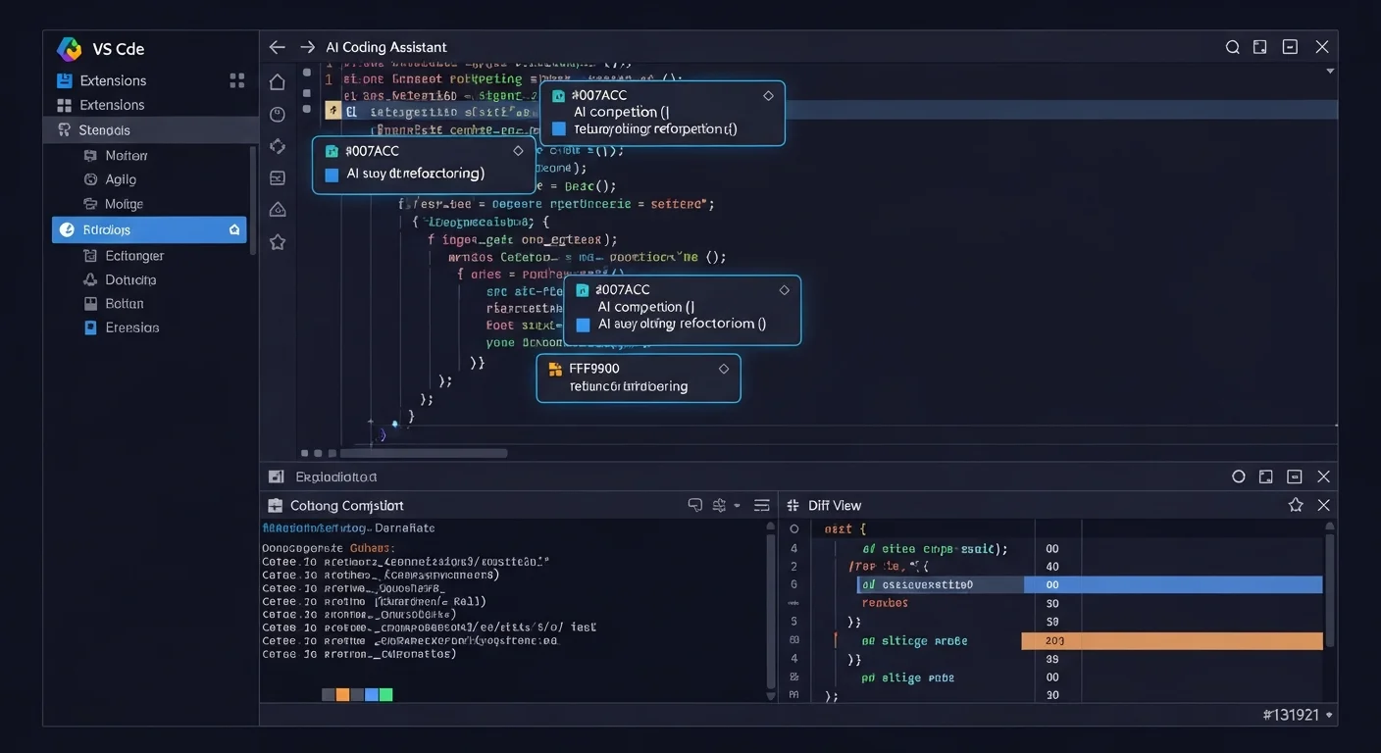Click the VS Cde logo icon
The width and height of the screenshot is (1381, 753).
pyautogui.click(x=69, y=49)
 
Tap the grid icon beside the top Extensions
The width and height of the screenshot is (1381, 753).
pyautogui.click(x=236, y=80)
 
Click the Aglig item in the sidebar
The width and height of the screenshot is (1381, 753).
pyautogui.click(x=121, y=179)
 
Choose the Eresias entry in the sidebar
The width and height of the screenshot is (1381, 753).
pyautogui.click(x=131, y=327)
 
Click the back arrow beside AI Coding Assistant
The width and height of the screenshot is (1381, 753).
pyautogui.click(x=278, y=47)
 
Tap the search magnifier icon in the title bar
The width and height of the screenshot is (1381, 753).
pyautogui.click(x=1233, y=47)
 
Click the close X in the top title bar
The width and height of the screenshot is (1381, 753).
pyautogui.click(x=1322, y=47)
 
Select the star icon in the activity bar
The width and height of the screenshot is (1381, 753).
pyautogui.click(x=278, y=241)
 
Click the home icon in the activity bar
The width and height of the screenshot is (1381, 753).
pyautogui.click(x=278, y=82)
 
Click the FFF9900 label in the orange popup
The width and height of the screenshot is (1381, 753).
pyautogui.click(x=594, y=369)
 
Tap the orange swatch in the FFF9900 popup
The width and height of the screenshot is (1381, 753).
pyautogui.click(x=554, y=370)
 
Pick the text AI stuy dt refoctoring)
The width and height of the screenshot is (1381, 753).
pyautogui.click(x=416, y=174)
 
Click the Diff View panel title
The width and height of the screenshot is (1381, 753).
pyautogui.click(x=835, y=505)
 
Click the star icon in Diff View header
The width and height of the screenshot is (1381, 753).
pyautogui.click(x=1296, y=505)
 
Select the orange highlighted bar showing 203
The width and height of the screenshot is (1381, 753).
pyautogui.click(x=1172, y=640)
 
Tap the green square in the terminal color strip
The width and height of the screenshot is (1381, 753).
pyautogui.click(x=385, y=694)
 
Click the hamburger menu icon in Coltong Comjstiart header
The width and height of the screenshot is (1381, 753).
pyautogui.click(x=761, y=505)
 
